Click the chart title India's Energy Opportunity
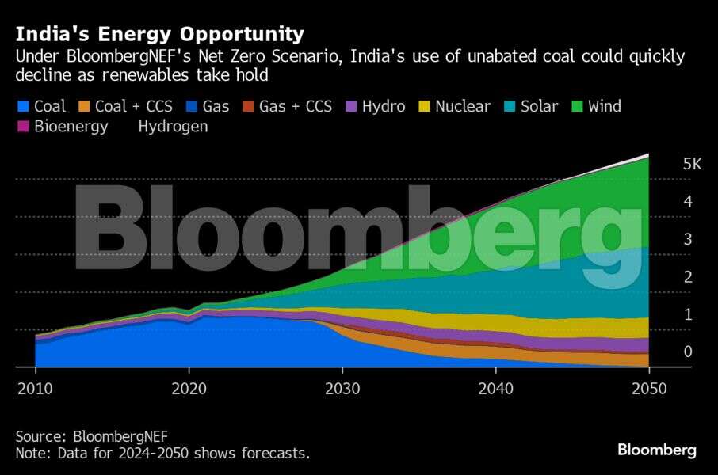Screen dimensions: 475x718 (x=159, y=34)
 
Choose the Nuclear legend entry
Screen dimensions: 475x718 (x=463, y=106)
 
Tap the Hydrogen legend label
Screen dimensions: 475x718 (x=173, y=127)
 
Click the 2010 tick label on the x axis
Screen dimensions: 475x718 (x=35, y=389)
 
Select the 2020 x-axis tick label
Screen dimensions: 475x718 (x=189, y=389)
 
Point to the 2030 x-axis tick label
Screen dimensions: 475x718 (x=342, y=389)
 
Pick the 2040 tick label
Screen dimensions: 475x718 (x=495, y=389)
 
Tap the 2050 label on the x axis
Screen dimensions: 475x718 (x=649, y=389)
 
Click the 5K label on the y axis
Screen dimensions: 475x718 (x=692, y=164)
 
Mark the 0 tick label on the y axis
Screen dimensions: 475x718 (x=688, y=351)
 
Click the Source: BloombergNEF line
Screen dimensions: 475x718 (x=92, y=435)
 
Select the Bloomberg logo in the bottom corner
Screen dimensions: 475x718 (x=657, y=450)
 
